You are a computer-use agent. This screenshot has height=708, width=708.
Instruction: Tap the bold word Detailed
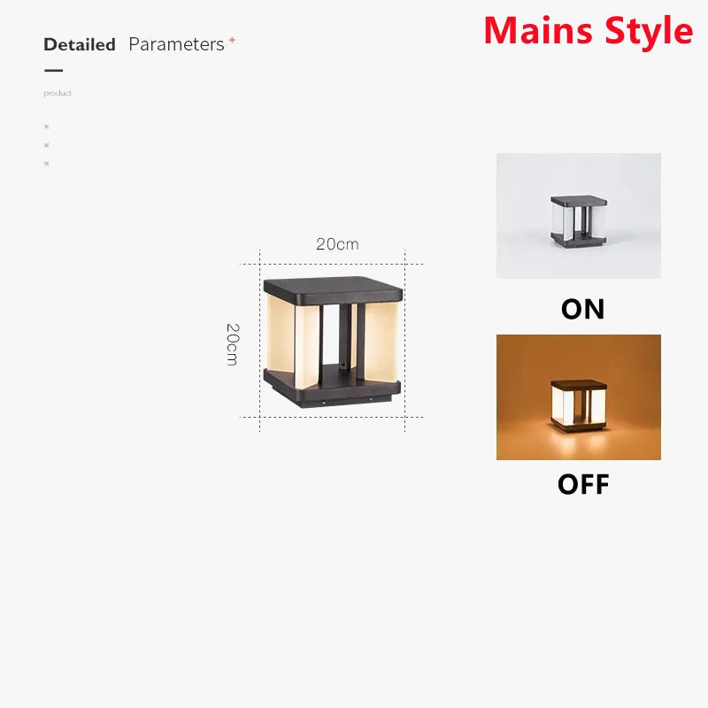pyautogui.click(x=80, y=44)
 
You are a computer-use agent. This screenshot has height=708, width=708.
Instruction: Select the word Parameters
pyautogui.click(x=176, y=44)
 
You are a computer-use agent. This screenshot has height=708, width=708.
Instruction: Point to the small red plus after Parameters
pyautogui.click(x=232, y=40)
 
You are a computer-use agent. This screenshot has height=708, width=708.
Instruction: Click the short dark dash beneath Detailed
pyautogui.click(x=53, y=70)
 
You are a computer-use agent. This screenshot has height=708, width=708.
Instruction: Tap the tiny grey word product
pyautogui.click(x=58, y=93)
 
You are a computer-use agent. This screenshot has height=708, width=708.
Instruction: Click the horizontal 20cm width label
pyautogui.click(x=337, y=244)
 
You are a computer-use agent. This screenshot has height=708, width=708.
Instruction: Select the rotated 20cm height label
pyautogui.click(x=232, y=344)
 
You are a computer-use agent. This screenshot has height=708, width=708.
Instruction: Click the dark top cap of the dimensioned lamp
pyautogui.click(x=333, y=289)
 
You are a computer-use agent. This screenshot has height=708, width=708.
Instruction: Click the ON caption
pyautogui.click(x=582, y=309)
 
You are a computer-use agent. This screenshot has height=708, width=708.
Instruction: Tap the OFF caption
pyautogui.click(x=582, y=484)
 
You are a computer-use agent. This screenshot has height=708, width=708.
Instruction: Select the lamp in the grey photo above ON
pyautogui.click(x=578, y=218)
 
